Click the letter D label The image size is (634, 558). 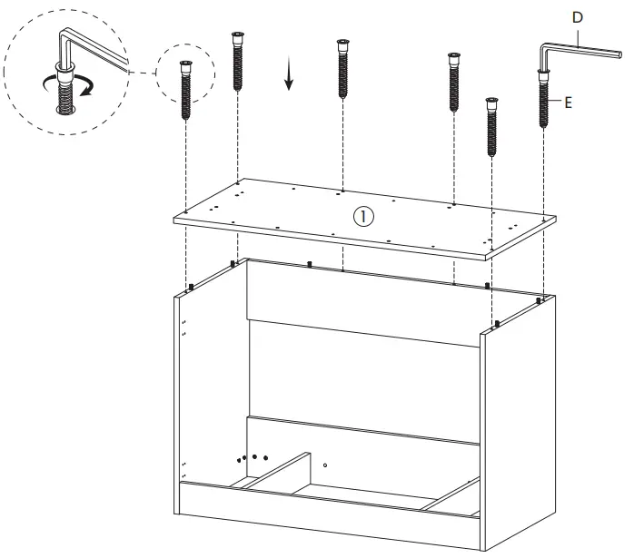[x=577, y=16]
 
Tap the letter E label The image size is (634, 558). [x=568, y=103]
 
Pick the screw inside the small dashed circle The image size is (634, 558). [x=186, y=90]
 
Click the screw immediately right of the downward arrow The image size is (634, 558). [x=342, y=71]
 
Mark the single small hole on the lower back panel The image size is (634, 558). [x=325, y=465]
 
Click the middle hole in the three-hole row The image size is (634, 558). [x=255, y=457]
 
